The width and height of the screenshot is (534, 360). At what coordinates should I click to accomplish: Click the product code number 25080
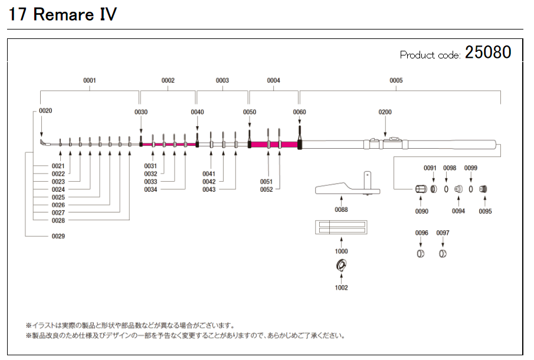[487, 53]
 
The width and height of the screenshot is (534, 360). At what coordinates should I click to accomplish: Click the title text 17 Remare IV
[62, 15]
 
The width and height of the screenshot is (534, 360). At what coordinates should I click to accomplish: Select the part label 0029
[58, 236]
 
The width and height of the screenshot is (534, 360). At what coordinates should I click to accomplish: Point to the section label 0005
[396, 80]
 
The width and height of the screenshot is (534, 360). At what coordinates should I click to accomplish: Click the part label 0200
[385, 112]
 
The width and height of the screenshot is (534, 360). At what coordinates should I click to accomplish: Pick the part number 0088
[341, 210]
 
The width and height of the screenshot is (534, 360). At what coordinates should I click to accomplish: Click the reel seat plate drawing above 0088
[347, 188]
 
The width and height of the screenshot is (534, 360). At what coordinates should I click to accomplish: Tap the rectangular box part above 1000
[341, 227]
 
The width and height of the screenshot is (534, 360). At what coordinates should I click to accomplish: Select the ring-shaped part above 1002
[341, 267]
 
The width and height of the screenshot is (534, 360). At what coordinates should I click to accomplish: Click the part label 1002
[341, 288]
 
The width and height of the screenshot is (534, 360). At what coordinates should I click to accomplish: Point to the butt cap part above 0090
[421, 189]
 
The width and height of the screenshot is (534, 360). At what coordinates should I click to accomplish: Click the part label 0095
[485, 211]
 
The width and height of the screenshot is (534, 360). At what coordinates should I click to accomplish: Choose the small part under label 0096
[421, 254]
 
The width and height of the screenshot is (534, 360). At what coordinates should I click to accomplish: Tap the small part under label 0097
[443, 254]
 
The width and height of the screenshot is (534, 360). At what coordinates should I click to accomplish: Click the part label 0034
[150, 189]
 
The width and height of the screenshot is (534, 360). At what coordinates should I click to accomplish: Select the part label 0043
[209, 189]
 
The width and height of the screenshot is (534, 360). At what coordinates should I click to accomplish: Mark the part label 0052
[267, 189]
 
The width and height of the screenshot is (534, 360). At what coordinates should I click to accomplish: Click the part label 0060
[300, 112]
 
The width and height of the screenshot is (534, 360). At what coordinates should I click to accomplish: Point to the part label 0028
[58, 220]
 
